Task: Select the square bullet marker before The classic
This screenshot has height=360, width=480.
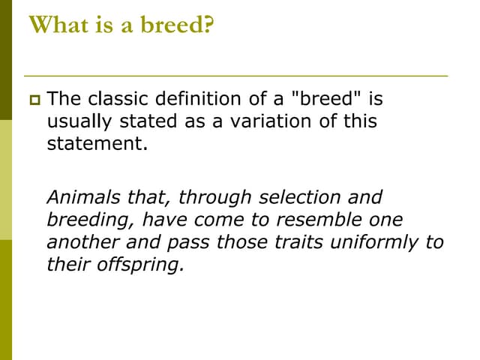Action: [x=34, y=98]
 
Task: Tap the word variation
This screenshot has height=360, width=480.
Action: [x=265, y=121]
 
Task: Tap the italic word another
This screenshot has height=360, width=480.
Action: [x=78, y=242]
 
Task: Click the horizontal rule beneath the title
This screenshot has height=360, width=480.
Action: [x=235, y=76]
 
